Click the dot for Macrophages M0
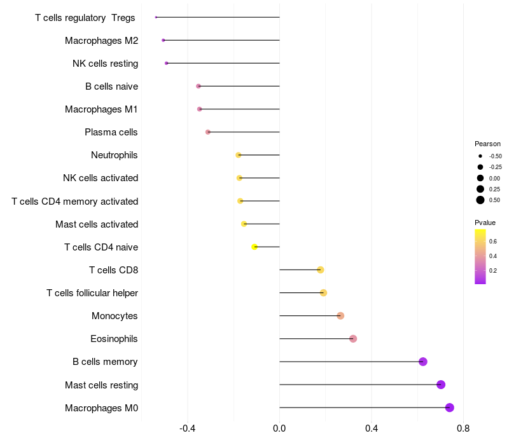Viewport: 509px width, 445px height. tap(450, 407)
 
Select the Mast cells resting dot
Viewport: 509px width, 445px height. tap(441, 385)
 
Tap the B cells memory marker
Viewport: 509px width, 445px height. tap(423, 362)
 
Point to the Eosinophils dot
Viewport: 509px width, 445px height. tap(353, 339)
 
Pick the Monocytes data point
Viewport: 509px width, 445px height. tap(340, 316)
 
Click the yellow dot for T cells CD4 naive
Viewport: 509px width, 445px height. tap(254, 247)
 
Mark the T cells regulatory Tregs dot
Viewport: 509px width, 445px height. tap(156, 17)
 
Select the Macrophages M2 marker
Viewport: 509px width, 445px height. tap(164, 40)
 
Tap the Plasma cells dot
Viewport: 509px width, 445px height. tap(208, 132)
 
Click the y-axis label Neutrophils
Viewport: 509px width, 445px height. tap(115, 155)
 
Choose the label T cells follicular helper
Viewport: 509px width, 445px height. tap(92, 293)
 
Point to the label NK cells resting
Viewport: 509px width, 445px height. tap(105, 64)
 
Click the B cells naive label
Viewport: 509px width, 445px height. tap(111, 86)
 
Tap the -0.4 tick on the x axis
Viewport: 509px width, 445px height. tap(188, 428)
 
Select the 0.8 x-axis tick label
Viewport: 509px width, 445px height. tap(463, 428)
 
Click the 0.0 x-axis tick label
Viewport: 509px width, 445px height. tap(279, 428)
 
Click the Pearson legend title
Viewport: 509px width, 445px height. tap(487, 144)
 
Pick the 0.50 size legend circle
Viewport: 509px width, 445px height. tap(480, 200)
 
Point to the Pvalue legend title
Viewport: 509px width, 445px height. tap(485, 222)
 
